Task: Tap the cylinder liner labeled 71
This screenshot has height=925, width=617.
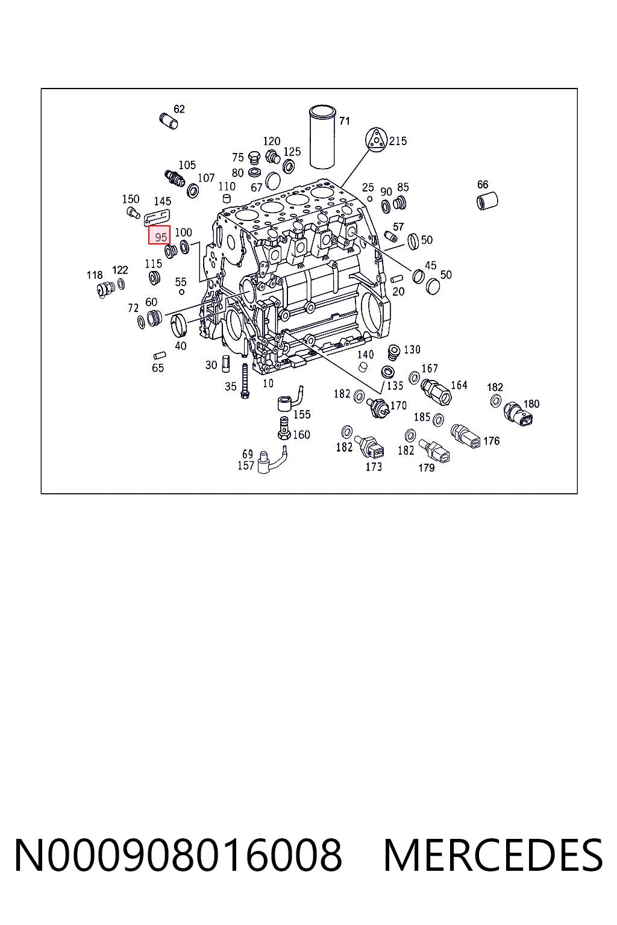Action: [x=322, y=137]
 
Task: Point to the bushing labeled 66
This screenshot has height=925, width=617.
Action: [x=487, y=201]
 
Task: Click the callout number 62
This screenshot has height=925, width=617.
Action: [x=179, y=109]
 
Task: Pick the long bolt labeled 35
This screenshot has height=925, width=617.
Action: [x=245, y=381]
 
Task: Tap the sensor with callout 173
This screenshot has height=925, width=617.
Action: [x=372, y=447]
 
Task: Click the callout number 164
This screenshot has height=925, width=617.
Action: [x=459, y=385]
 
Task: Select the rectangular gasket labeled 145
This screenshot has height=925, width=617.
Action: [x=157, y=217]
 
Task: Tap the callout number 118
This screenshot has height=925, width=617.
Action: [x=95, y=275]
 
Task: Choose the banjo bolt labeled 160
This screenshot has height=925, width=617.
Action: [x=283, y=428]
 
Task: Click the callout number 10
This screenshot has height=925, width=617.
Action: [x=268, y=383]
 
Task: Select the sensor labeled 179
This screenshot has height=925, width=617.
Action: [x=434, y=451]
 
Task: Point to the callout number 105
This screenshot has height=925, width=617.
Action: [x=187, y=165]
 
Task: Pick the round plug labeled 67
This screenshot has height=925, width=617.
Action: [x=273, y=181]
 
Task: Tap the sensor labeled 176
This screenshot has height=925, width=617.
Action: [x=465, y=436]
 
